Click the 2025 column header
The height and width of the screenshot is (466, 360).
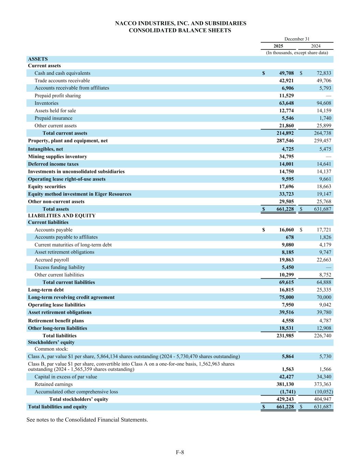pyautogui.click(x=278, y=46)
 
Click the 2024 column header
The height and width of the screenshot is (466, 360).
pyautogui.click(x=316, y=46)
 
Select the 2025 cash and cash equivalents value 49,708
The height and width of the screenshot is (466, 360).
pyautogui.click(x=285, y=73)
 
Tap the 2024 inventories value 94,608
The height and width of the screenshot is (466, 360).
pyautogui.click(x=322, y=103)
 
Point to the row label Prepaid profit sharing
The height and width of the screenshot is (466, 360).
pyautogui.click(x=58, y=96)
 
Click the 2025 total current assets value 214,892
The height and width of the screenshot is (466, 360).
pyautogui.click(x=285, y=133)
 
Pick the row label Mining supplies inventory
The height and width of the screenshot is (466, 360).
pyautogui.click(x=57, y=156)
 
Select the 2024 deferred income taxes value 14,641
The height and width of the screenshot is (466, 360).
pyautogui.click(x=322, y=164)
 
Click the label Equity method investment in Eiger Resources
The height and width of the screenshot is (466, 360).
pyautogui.click(x=80, y=194)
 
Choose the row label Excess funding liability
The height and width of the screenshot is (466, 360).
pyautogui.click(x=60, y=267)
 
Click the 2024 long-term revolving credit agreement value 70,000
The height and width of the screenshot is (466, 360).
pyautogui.click(x=322, y=297)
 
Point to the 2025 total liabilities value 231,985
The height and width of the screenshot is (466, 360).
pyautogui.click(x=285, y=336)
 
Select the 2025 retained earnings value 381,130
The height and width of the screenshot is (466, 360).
pyautogui.click(x=285, y=384)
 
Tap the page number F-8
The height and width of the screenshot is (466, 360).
pyautogui.click(x=180, y=452)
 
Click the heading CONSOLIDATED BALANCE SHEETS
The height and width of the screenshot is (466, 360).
pyautogui.click(x=180, y=30)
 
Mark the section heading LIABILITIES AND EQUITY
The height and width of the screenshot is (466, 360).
pyautogui.click(x=62, y=215)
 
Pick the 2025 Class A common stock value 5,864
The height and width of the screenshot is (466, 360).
pyautogui.click(x=288, y=356)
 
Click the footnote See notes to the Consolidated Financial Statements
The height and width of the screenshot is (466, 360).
pyautogui.click(x=87, y=420)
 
